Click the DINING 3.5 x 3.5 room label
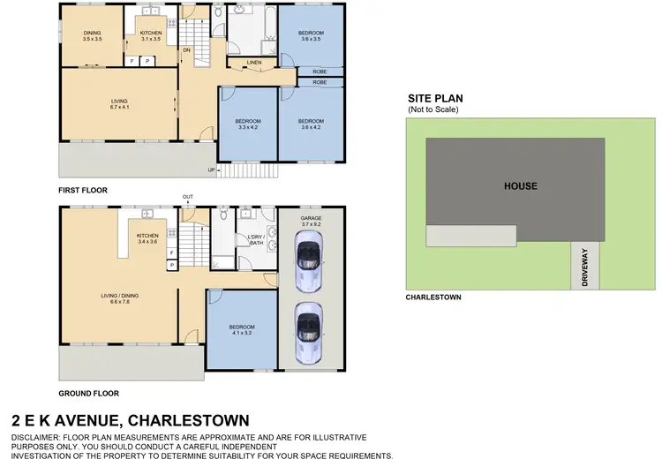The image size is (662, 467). click(x=93, y=36)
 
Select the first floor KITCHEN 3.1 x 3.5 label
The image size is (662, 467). click(x=150, y=36)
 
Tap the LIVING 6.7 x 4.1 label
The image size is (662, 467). click(x=118, y=103)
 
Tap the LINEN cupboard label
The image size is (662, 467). click(x=253, y=62)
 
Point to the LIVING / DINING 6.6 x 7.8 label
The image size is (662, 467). click(x=118, y=298)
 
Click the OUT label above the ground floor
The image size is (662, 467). click(x=187, y=196)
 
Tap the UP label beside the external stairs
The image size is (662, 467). click(x=210, y=169)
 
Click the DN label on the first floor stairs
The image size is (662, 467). click(x=186, y=50)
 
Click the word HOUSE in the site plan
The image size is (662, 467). click(x=520, y=185)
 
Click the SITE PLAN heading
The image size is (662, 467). click(x=435, y=99)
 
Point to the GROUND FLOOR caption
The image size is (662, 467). click(x=88, y=394)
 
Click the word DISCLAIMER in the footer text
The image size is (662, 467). click(x=41, y=438)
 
